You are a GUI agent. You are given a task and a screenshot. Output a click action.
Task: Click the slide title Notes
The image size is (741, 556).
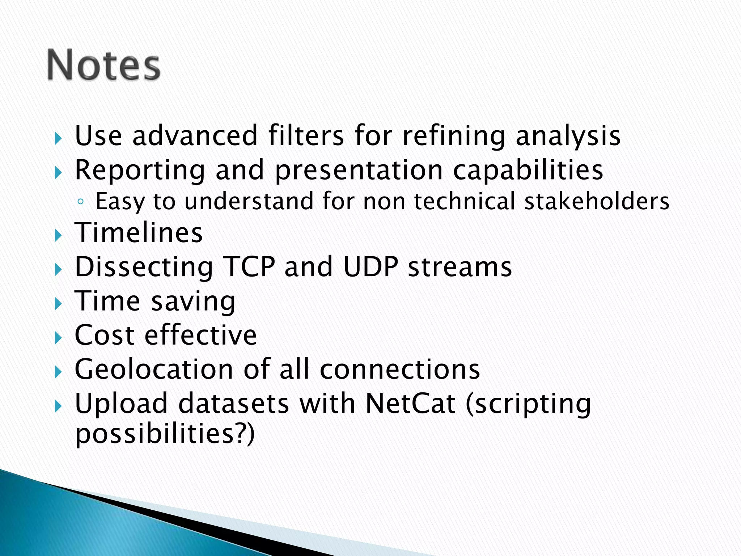point(103,65)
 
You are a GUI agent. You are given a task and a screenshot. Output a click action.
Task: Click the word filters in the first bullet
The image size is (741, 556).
point(306,135)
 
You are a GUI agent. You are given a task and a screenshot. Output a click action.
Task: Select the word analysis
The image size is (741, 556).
point(568,136)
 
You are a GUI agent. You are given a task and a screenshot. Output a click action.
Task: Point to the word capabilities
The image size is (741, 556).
point(528,170)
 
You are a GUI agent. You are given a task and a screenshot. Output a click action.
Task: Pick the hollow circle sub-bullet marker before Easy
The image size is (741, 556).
point(80,202)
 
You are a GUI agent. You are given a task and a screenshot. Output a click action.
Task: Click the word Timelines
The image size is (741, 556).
point(139,232)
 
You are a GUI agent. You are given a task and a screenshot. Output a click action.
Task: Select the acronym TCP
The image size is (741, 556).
point(249,267)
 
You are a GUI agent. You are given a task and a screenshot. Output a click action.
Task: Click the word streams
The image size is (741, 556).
point(460,267)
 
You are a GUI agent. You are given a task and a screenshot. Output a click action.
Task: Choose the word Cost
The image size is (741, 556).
point(105,335)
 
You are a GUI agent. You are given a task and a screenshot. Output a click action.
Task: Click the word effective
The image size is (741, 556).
point(201,335)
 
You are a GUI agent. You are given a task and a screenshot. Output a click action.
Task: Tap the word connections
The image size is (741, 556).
point(400,369)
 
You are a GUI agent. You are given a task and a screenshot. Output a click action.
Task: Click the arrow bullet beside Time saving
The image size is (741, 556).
point(58,304)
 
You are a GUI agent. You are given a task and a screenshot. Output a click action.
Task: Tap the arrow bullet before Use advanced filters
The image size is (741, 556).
point(58,138)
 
